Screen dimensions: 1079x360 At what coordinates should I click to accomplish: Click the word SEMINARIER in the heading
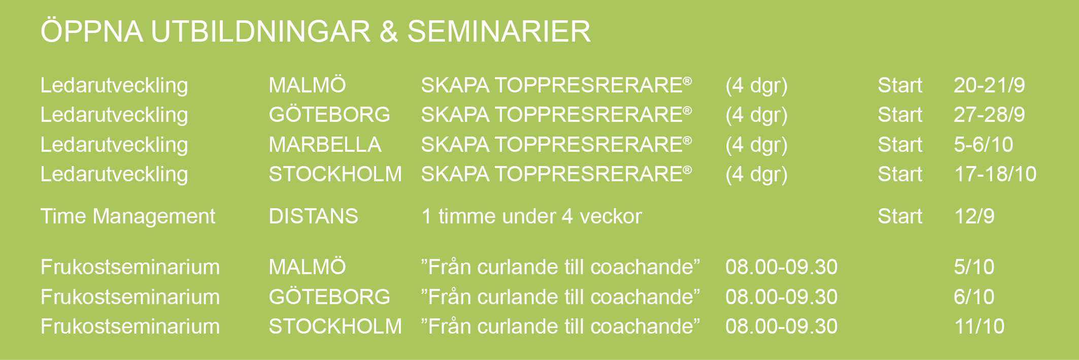[499, 31]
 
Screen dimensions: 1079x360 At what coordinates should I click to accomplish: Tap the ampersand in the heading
[389, 31]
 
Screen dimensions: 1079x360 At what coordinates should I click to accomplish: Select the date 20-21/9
[989, 85]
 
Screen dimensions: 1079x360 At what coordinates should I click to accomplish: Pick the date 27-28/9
[989, 115]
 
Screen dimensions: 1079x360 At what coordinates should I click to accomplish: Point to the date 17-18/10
[995, 174]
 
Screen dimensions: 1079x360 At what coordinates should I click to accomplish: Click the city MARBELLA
[325, 145]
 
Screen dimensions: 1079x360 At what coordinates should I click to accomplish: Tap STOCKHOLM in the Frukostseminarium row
[335, 326]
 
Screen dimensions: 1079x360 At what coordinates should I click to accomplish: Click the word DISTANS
[313, 216]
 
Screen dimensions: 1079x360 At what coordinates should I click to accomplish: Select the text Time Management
[128, 217]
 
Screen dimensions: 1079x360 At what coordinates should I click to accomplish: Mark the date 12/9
[974, 216]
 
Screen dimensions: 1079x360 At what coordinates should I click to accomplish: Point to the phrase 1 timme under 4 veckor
[531, 216]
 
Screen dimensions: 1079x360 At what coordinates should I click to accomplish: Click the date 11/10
[980, 326]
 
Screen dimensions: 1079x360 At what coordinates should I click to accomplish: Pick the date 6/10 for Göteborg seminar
[974, 297]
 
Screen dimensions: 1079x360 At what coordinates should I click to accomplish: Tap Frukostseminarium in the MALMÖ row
[130, 267]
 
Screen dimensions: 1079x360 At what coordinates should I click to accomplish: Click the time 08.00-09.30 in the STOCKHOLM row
[782, 326]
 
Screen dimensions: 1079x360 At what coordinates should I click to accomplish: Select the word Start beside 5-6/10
[900, 145]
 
